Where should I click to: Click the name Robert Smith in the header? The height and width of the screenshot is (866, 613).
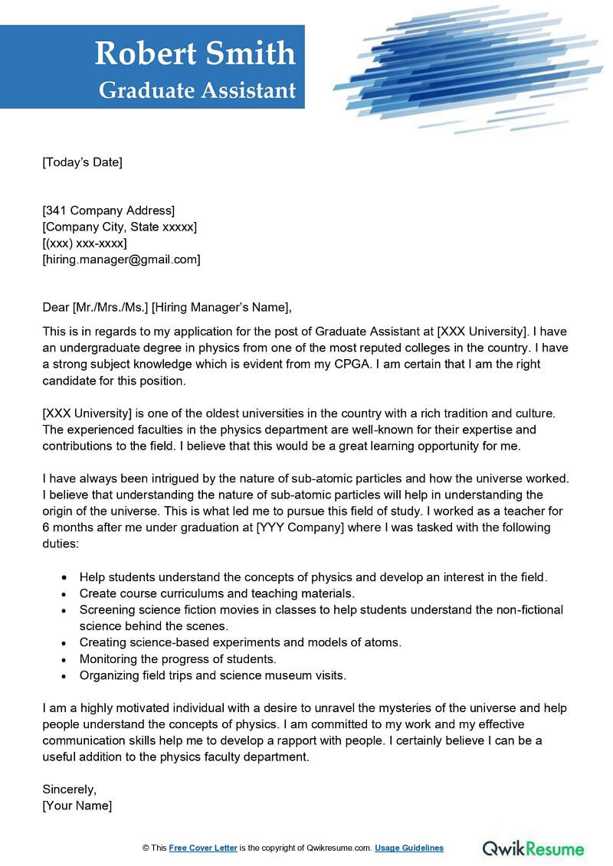(195, 53)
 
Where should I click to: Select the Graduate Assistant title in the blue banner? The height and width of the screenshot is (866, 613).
(197, 90)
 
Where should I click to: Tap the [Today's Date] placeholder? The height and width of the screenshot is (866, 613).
(83, 162)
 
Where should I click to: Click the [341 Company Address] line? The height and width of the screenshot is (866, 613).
(109, 211)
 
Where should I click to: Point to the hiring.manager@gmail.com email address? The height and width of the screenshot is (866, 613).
(122, 260)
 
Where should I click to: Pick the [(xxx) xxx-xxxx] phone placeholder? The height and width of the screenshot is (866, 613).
(85, 243)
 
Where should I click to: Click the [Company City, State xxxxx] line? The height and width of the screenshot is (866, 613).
(120, 227)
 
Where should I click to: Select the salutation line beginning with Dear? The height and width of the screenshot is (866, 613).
(167, 308)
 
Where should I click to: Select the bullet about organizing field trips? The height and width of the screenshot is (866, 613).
(213, 675)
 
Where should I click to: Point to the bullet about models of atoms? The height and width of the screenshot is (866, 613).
(241, 642)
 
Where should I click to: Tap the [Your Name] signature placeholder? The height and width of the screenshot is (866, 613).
(77, 806)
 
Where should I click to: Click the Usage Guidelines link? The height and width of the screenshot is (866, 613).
(409, 848)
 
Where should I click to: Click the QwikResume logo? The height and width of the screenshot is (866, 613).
(533, 848)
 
